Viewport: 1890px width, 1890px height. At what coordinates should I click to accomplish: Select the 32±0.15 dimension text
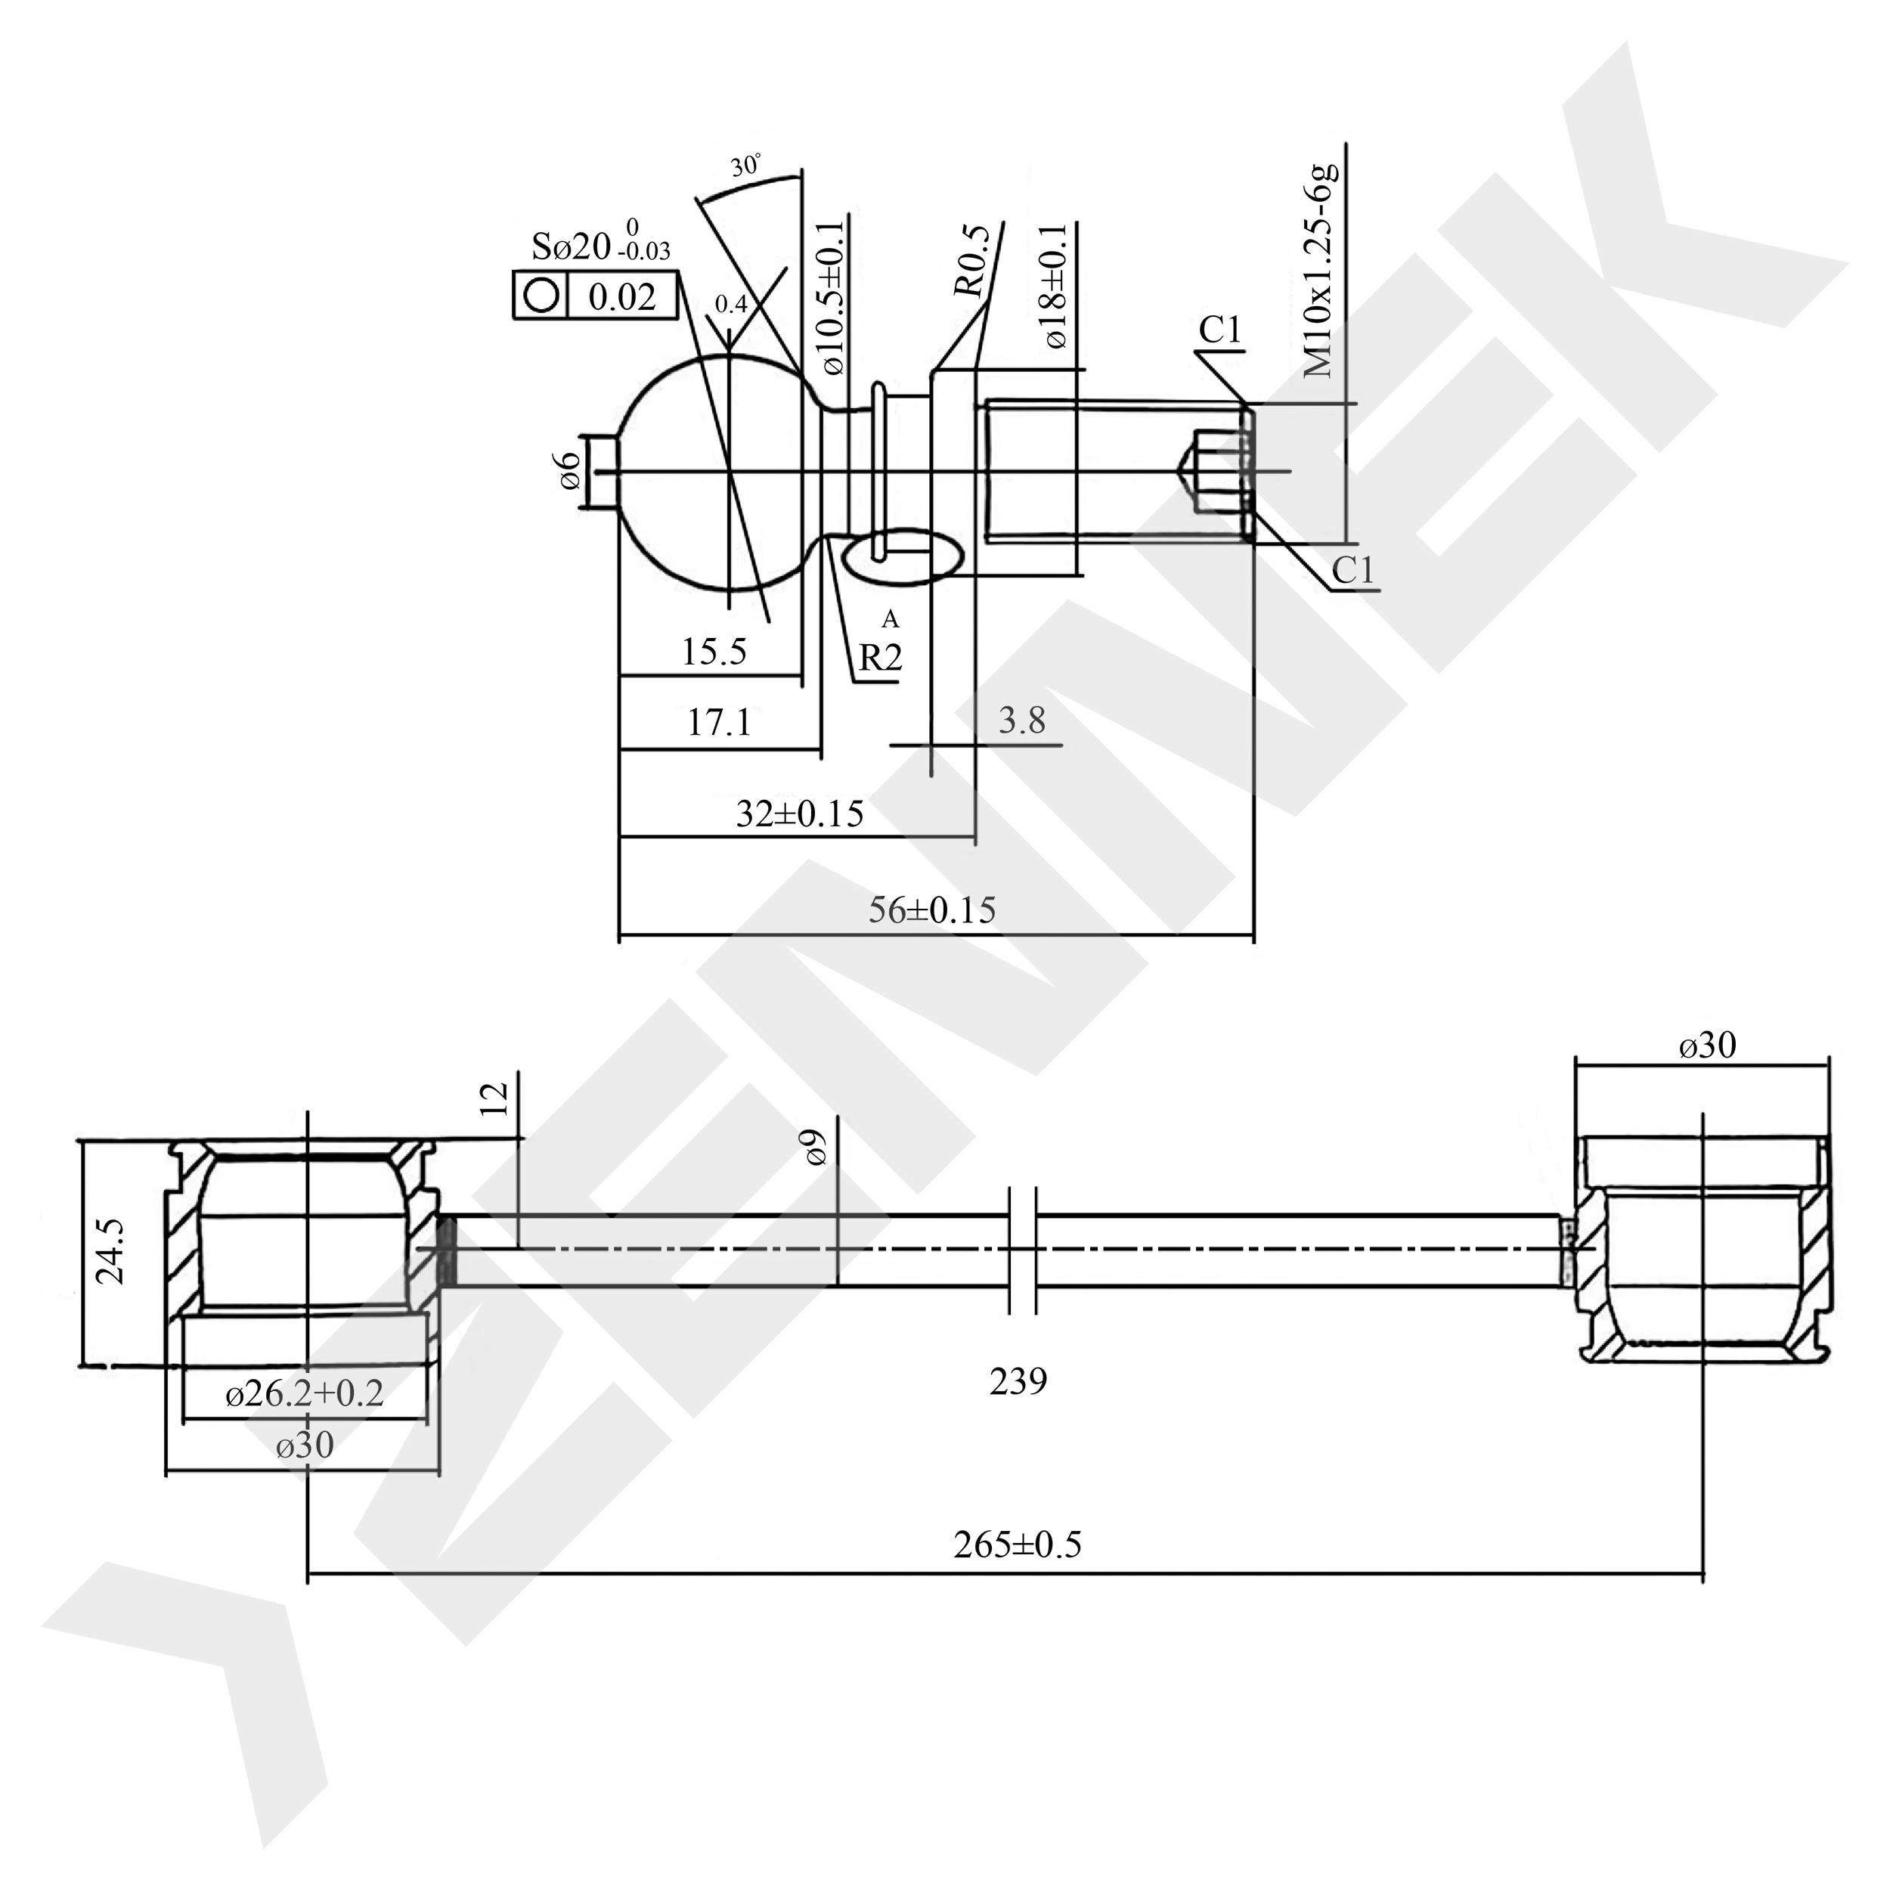tap(800, 814)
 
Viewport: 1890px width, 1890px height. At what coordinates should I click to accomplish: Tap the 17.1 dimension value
tap(719, 723)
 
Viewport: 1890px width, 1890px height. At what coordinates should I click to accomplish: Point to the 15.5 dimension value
tap(714, 652)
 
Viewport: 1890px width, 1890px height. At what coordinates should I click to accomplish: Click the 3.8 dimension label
tap(1022, 721)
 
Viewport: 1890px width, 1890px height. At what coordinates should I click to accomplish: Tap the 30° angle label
tap(745, 166)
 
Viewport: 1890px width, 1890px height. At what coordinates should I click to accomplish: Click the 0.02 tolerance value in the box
tap(622, 296)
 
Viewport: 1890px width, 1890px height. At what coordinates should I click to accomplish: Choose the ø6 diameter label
tap(570, 472)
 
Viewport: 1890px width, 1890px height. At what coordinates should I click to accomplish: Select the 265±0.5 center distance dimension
tap(1018, 1545)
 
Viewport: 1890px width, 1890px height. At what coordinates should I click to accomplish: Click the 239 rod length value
tap(1018, 1381)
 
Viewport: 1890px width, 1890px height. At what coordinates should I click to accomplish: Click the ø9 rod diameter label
tap(816, 1147)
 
